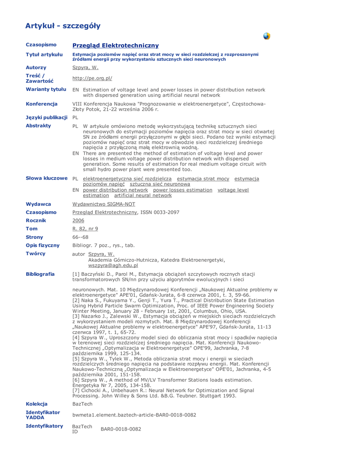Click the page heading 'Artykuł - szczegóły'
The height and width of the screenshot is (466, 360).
pyautogui.click(x=63, y=25)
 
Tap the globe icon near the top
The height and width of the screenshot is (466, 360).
pyautogui.click(x=267, y=36)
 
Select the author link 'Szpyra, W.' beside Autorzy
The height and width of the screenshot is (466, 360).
pyautogui.click(x=86, y=67)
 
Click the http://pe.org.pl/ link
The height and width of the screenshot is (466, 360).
pyautogui.click(x=92, y=78)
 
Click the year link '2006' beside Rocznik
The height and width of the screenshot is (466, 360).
pyautogui.click(x=78, y=220)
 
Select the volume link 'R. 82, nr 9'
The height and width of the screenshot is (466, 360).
pyautogui.click(x=85, y=228)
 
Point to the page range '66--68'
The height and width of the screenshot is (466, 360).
pyautogui.click(x=81, y=237)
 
